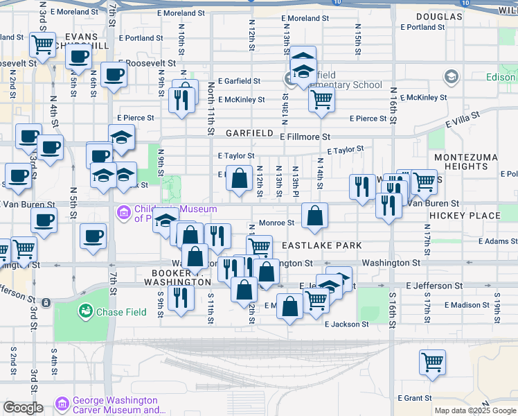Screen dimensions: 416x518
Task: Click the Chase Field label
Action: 121,312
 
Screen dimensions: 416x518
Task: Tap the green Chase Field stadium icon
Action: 87,312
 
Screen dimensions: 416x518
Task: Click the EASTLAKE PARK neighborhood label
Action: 321,246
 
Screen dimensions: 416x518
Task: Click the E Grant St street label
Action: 416,398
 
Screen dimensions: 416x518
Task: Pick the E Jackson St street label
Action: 346,324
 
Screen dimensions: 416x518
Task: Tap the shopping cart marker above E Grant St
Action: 433,361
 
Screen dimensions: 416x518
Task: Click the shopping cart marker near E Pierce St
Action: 321,100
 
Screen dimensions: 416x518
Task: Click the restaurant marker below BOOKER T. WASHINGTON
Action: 181,298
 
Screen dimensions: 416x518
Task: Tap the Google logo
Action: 23,408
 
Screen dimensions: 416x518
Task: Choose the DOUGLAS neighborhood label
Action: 439,16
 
